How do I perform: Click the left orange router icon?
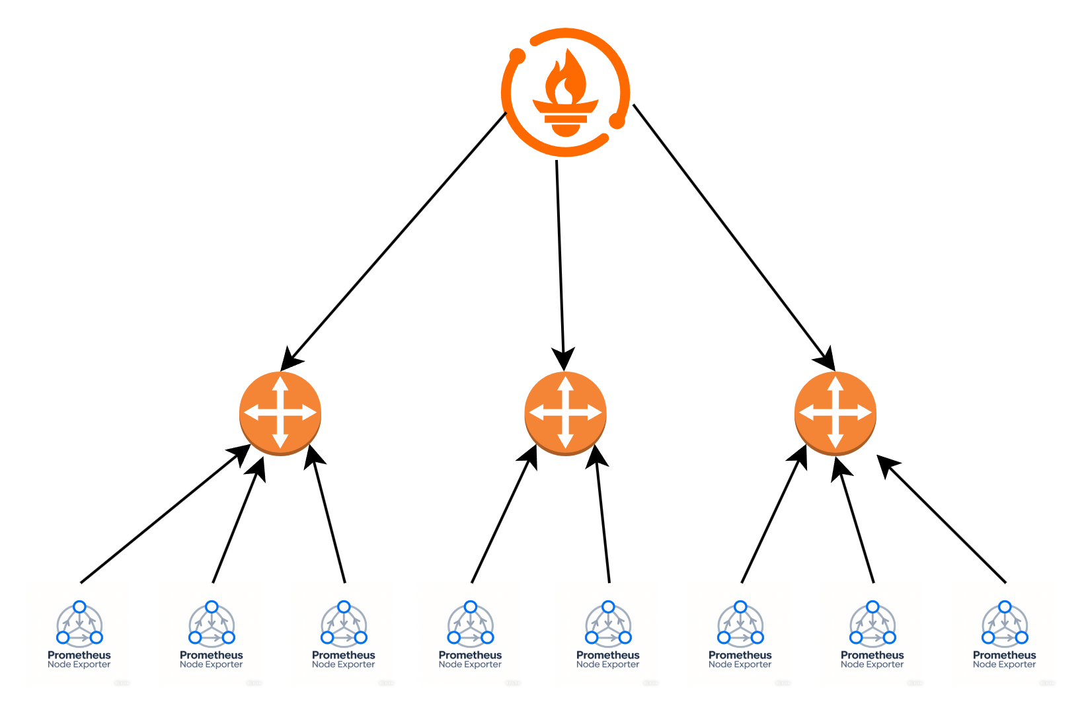[280, 413]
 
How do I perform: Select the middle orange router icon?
[565, 413]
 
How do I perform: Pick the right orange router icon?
[835, 413]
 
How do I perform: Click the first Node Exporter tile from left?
[79, 635]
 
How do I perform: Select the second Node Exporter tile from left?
[212, 635]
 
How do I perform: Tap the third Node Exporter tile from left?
[344, 635]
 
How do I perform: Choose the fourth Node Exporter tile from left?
[470, 635]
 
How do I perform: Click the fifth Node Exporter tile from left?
[608, 635]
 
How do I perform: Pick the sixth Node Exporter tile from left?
[740, 635]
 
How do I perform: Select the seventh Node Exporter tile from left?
[872, 635]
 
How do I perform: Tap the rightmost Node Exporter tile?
[1005, 635]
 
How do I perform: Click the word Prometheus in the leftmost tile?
[79, 655]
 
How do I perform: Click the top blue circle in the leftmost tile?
[79, 607]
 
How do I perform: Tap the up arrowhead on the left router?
[280, 383]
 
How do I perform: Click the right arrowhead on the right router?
[865, 413]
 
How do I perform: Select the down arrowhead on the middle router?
[565, 442]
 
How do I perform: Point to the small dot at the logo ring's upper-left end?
[518, 57]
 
